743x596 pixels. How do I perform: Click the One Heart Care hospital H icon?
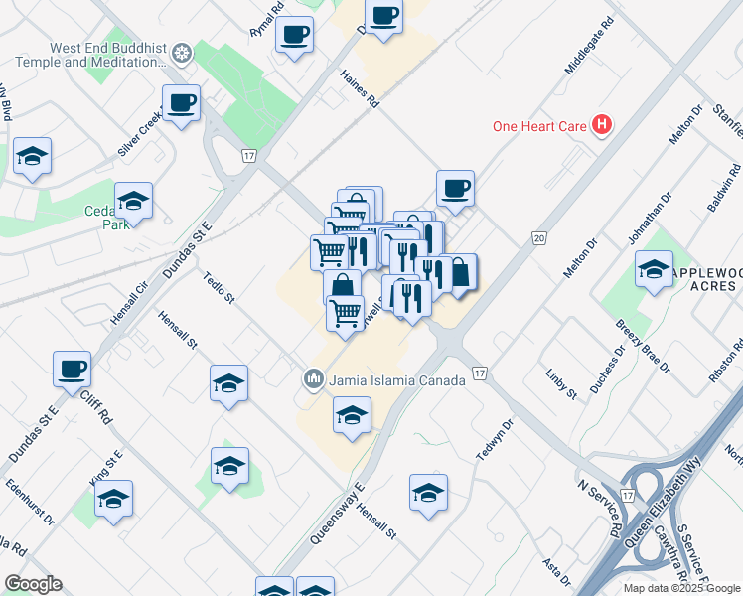click(601, 125)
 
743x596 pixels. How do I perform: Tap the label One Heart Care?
click(541, 125)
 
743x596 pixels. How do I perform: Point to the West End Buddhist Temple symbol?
click(181, 53)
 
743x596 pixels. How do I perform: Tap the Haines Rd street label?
click(359, 88)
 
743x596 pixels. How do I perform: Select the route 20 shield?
click(539, 238)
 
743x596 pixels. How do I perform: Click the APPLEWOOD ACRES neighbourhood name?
click(705, 279)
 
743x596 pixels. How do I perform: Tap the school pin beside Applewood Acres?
click(654, 270)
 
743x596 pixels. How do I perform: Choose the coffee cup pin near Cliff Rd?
click(73, 370)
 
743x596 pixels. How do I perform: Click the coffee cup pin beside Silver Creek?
click(182, 103)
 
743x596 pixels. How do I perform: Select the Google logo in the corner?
click(33, 584)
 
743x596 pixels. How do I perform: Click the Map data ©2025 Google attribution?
click(681, 588)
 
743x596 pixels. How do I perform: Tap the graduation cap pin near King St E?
click(113, 500)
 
